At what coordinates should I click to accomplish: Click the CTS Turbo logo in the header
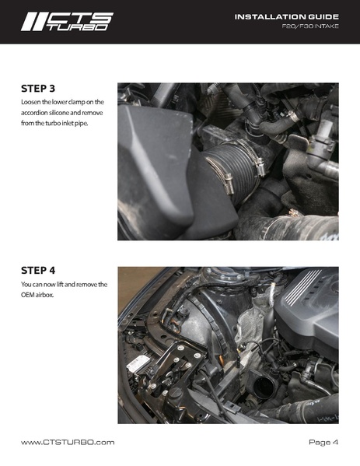67,22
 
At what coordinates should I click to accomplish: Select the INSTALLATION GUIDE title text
287,17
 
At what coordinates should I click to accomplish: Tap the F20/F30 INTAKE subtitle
310,26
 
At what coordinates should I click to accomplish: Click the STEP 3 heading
38,89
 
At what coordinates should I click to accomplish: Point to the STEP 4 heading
38,271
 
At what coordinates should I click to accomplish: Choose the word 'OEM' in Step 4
28,295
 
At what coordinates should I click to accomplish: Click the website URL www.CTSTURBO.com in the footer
68,442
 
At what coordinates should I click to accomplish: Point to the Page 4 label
323,442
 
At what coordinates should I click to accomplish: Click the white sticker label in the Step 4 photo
138,364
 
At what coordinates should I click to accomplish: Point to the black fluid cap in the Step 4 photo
176,393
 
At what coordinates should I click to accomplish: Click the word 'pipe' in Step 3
81,124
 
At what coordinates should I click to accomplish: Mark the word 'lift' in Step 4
60,285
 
